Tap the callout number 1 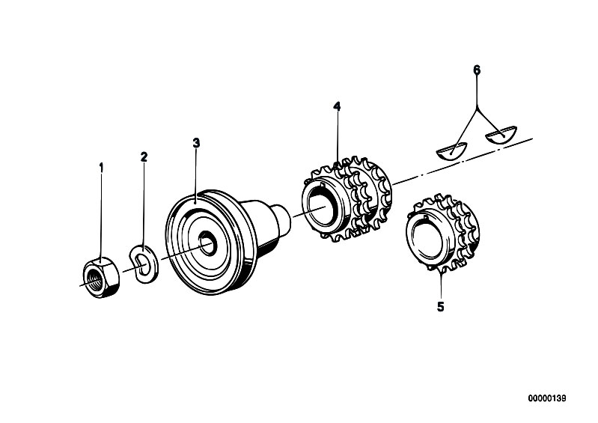101,168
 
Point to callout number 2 144,156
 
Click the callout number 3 196,143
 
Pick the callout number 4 337,106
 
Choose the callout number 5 441,307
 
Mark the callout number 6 477,70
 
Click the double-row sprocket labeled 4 347,198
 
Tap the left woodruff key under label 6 452,150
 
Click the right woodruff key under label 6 500,135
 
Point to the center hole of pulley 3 208,243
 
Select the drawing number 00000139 547,398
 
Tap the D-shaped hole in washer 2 141,264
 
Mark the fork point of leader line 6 477,110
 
